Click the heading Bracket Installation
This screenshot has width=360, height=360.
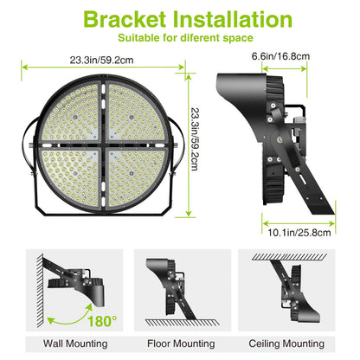tap(179, 19)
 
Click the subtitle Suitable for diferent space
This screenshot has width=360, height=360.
tap(179, 39)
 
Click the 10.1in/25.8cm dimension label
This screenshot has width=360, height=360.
tap(298, 232)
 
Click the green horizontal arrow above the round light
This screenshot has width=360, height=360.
tap(102, 65)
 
